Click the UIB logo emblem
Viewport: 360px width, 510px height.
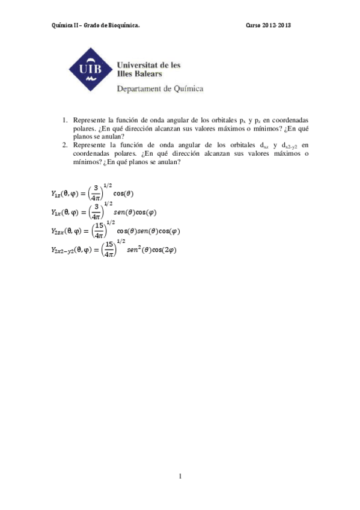(x=90, y=70)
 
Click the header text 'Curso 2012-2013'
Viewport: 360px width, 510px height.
(x=269, y=26)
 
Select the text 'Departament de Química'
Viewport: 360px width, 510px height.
(x=160, y=88)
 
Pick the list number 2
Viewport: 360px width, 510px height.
(x=64, y=145)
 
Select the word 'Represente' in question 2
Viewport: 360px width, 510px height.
(x=89, y=145)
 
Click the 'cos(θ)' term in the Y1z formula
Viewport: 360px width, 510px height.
(x=123, y=194)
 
